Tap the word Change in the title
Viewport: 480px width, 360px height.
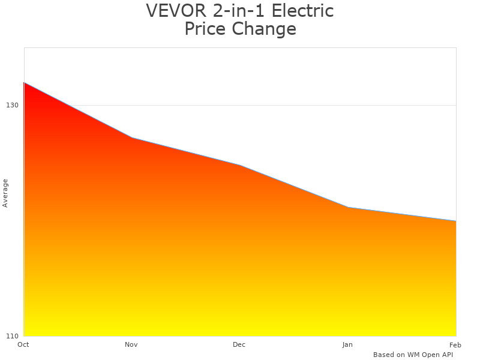click(264, 29)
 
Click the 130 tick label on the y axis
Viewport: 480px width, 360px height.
click(12, 105)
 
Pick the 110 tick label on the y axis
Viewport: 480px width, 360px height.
click(12, 335)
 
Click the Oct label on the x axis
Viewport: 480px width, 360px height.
click(23, 344)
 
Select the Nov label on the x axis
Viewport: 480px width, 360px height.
click(131, 344)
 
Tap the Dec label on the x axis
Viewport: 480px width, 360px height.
click(239, 344)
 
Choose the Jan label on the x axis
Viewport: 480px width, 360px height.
click(347, 344)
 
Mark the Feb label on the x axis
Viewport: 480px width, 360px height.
click(455, 344)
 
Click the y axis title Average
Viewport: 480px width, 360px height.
click(5, 193)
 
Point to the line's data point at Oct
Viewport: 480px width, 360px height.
click(24, 83)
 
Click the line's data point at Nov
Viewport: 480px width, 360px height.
click(132, 138)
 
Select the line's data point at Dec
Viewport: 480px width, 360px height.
click(240, 166)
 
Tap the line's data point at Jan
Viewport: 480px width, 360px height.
click(348, 208)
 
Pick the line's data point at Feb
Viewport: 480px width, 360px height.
click(456, 221)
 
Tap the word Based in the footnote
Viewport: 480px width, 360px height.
click(384, 355)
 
